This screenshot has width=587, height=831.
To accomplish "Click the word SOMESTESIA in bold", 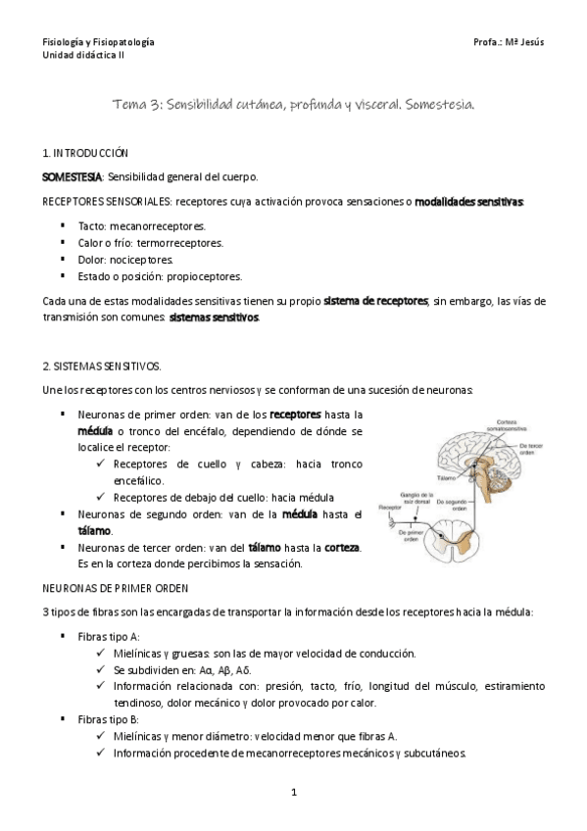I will (x=72, y=177).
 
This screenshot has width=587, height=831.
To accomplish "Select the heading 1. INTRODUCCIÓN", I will (x=84, y=154).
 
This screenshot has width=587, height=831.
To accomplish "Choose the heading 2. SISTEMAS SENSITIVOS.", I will (x=102, y=366).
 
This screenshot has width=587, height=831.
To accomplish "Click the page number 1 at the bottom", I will (x=293, y=793).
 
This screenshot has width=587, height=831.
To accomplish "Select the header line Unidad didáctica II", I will (x=83, y=56).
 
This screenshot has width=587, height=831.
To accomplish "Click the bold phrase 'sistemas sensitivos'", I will (x=214, y=318).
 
